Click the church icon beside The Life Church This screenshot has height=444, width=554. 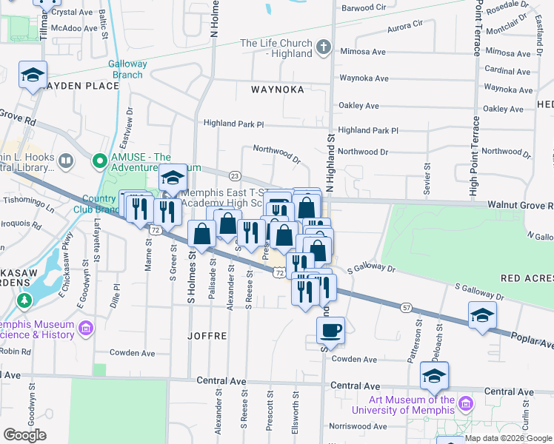point(322,48)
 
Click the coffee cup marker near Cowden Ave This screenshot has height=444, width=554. point(331,330)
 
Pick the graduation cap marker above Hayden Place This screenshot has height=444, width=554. point(33,75)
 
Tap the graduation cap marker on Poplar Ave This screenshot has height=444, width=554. point(482,315)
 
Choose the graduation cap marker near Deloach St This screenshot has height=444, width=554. point(434,375)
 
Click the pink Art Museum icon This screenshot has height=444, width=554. point(465,405)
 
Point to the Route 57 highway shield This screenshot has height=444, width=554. point(407,306)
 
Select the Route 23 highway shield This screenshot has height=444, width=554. point(235,175)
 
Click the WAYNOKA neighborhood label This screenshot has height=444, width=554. point(277,89)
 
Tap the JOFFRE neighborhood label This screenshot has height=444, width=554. point(207,335)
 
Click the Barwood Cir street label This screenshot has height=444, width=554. point(363,8)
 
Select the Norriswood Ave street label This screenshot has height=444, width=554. point(358,426)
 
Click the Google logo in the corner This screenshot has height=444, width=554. point(25,435)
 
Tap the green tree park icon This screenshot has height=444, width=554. point(24,302)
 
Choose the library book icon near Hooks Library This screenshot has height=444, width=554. point(66,161)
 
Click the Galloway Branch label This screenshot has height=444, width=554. point(127,69)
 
